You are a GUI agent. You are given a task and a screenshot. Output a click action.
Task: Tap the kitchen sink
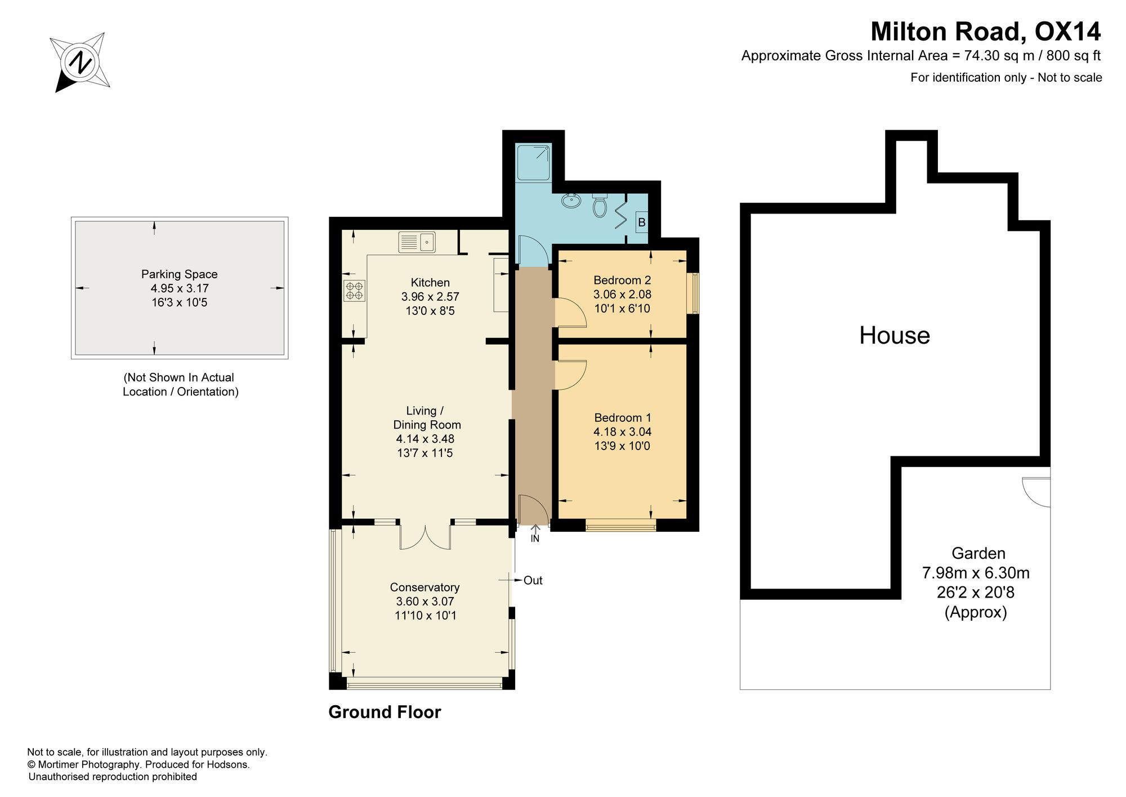(x=417, y=242)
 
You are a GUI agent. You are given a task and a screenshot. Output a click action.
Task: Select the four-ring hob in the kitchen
(x=355, y=291)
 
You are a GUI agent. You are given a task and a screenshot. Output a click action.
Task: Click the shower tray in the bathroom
(x=534, y=162)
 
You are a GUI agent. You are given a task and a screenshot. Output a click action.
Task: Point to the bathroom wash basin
(x=571, y=201)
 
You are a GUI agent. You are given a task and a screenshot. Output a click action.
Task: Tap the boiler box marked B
(x=641, y=222)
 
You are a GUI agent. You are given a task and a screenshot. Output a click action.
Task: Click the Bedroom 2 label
(x=622, y=280)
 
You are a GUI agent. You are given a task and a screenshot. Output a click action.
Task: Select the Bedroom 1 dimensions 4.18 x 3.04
(x=622, y=432)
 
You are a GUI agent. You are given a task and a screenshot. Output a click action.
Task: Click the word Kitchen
(x=430, y=283)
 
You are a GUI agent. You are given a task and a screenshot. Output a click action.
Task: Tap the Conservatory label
(x=425, y=587)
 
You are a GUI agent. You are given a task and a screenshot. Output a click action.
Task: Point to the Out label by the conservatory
(x=533, y=580)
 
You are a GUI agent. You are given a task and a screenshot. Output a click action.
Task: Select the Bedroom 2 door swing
(x=570, y=313)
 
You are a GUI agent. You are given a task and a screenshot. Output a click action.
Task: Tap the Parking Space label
(x=179, y=274)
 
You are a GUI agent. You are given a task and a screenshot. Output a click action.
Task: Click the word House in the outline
(x=895, y=336)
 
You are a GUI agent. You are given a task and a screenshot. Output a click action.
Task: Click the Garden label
(x=978, y=554)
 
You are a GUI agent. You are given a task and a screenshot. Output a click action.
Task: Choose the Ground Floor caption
(x=385, y=712)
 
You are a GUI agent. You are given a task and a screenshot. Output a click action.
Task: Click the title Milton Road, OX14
(x=986, y=32)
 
